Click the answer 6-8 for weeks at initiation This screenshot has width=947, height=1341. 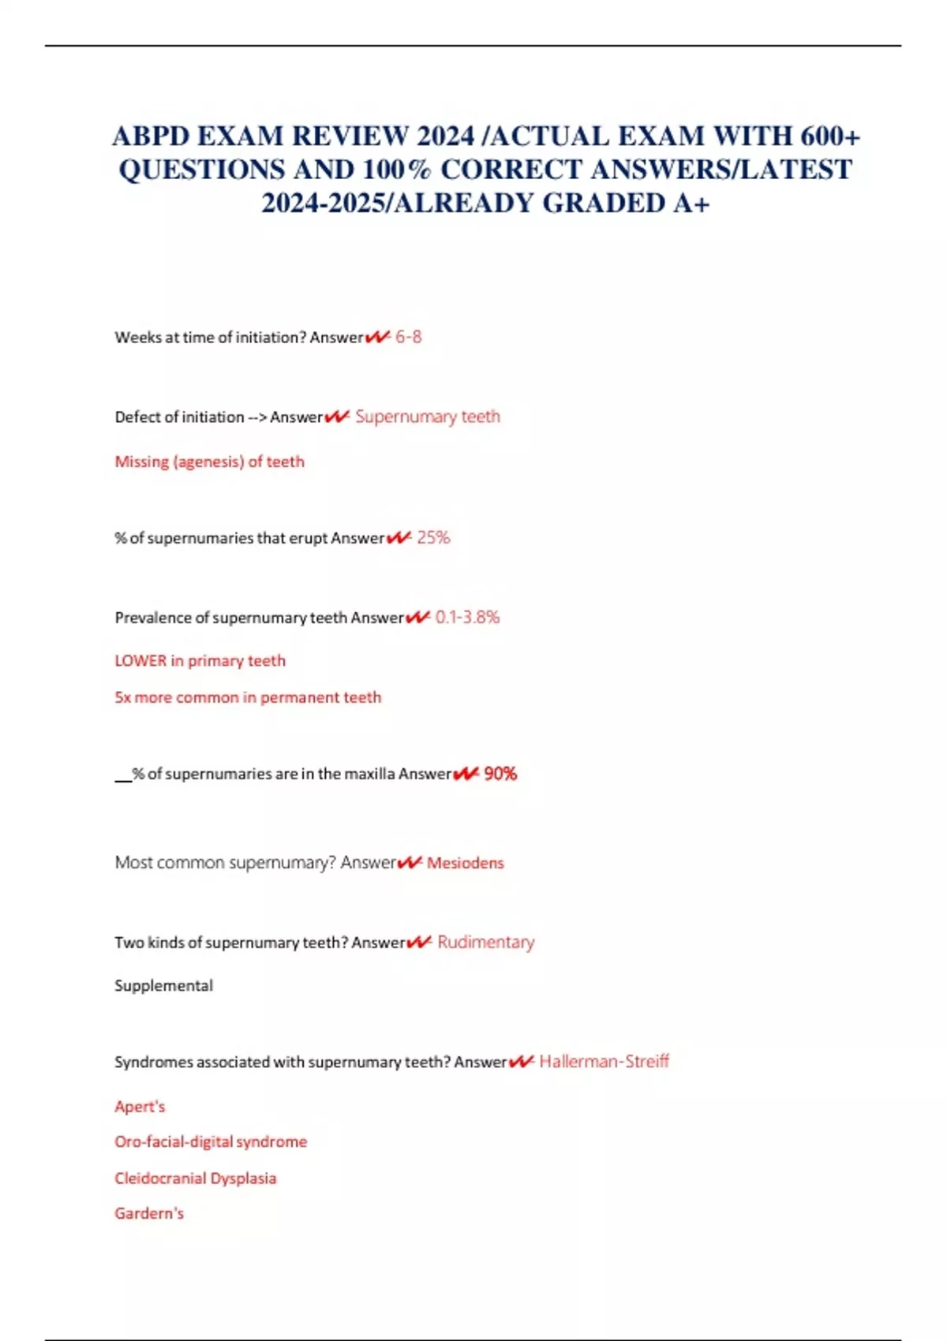[x=408, y=337]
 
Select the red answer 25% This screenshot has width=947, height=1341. [x=433, y=538]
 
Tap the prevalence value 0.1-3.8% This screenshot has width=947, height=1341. [x=467, y=618]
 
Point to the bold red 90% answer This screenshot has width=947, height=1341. [x=500, y=774]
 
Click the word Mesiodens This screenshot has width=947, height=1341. [x=465, y=863]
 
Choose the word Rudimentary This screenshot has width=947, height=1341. [x=485, y=943]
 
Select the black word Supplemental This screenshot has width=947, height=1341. [x=163, y=986]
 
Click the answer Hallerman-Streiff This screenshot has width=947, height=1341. [x=604, y=1062]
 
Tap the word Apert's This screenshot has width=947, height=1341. [x=140, y=1107]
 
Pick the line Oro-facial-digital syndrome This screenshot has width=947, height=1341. [x=211, y=1141]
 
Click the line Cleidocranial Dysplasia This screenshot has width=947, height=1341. [x=196, y=1179]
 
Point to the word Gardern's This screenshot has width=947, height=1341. [x=149, y=1213]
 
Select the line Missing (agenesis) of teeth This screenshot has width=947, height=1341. [x=209, y=461]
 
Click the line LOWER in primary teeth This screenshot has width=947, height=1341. [x=200, y=661]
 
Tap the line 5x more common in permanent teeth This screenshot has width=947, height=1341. [x=248, y=697]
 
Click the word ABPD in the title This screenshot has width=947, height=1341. [x=151, y=136]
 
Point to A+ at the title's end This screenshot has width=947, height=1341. [x=691, y=204]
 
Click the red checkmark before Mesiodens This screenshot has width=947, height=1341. [x=410, y=863]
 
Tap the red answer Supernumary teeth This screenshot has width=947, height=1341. [x=427, y=416]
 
